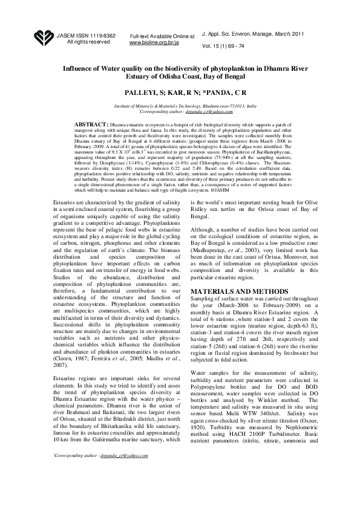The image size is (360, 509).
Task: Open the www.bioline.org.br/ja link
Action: coord(154,44)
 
